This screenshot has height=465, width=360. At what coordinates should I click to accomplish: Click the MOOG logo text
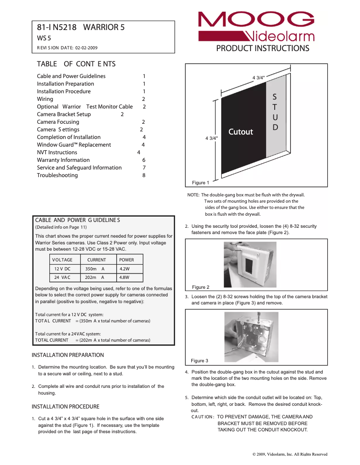256,20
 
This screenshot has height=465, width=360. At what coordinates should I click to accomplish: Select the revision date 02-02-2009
86,48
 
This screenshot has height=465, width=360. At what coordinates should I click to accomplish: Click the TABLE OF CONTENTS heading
76,64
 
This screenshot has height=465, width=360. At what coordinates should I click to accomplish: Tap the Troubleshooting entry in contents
57,175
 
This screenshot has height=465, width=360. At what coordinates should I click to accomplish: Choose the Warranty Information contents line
63,160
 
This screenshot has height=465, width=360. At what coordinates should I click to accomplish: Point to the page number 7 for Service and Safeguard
144,168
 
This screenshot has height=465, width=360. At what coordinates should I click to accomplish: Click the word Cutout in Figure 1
241,132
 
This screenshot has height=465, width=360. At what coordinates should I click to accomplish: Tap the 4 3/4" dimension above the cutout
259,78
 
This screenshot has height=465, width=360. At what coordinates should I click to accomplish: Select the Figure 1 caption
201,183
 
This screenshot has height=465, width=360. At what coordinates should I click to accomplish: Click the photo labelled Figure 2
250,265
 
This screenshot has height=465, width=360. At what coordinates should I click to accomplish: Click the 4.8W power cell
124,278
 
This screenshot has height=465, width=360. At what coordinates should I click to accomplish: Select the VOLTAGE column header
62,260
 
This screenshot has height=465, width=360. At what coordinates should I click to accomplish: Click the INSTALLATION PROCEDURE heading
66,407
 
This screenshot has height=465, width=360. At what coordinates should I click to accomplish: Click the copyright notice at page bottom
290,454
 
